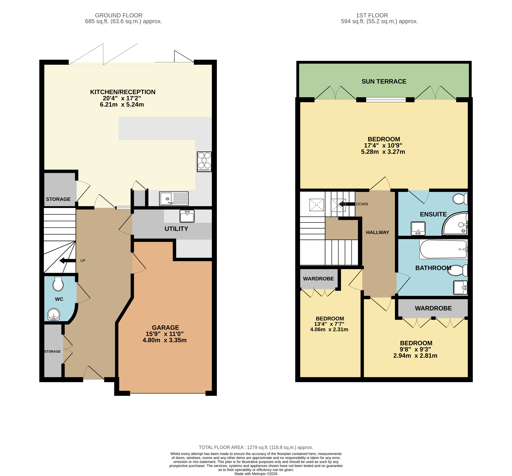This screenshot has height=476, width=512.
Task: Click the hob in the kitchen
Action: (x=204, y=161)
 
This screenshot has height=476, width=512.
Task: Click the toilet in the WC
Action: (x=58, y=284)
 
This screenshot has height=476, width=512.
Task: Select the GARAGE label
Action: (x=165, y=328)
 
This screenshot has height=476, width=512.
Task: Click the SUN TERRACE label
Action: (x=384, y=81)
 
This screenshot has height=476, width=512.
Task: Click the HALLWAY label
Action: (x=377, y=232)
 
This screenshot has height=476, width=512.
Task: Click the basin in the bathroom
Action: (x=460, y=287)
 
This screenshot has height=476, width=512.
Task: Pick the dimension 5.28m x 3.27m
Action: (x=383, y=152)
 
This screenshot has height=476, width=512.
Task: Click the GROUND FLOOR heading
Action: (x=118, y=15)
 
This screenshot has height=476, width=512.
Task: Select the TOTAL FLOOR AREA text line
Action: (x=256, y=447)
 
